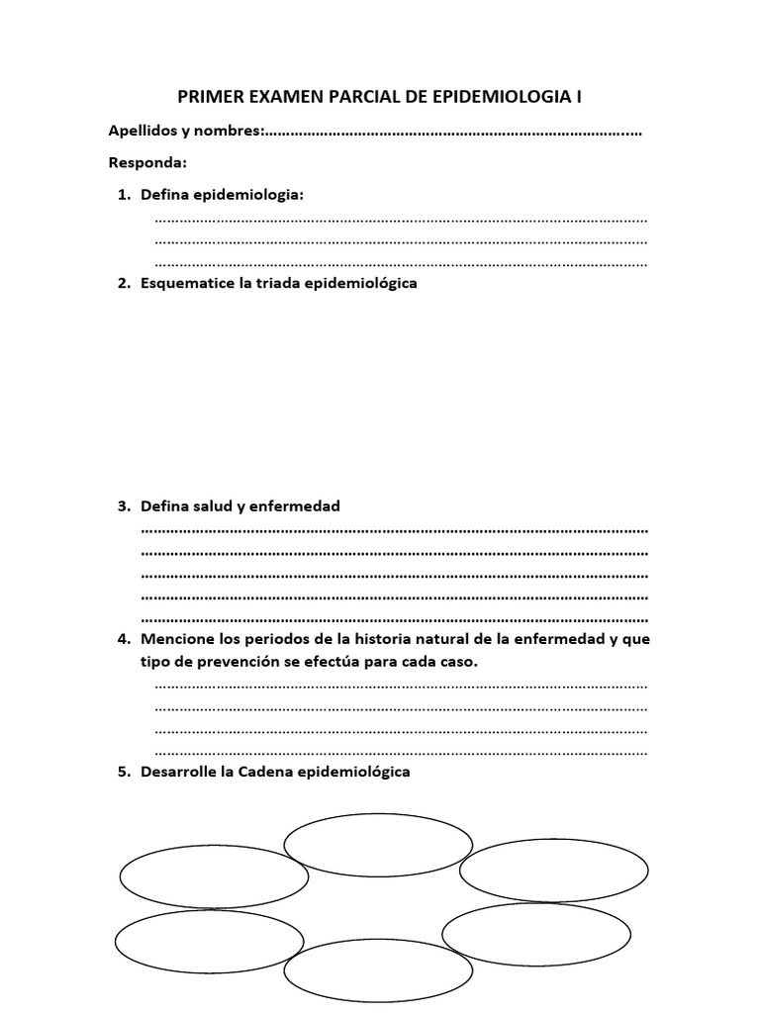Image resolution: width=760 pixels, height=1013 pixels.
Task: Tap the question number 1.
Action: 123,195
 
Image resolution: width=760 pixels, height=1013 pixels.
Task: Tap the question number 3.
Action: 123,506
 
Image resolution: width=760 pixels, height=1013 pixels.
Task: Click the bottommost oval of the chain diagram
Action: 378,971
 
